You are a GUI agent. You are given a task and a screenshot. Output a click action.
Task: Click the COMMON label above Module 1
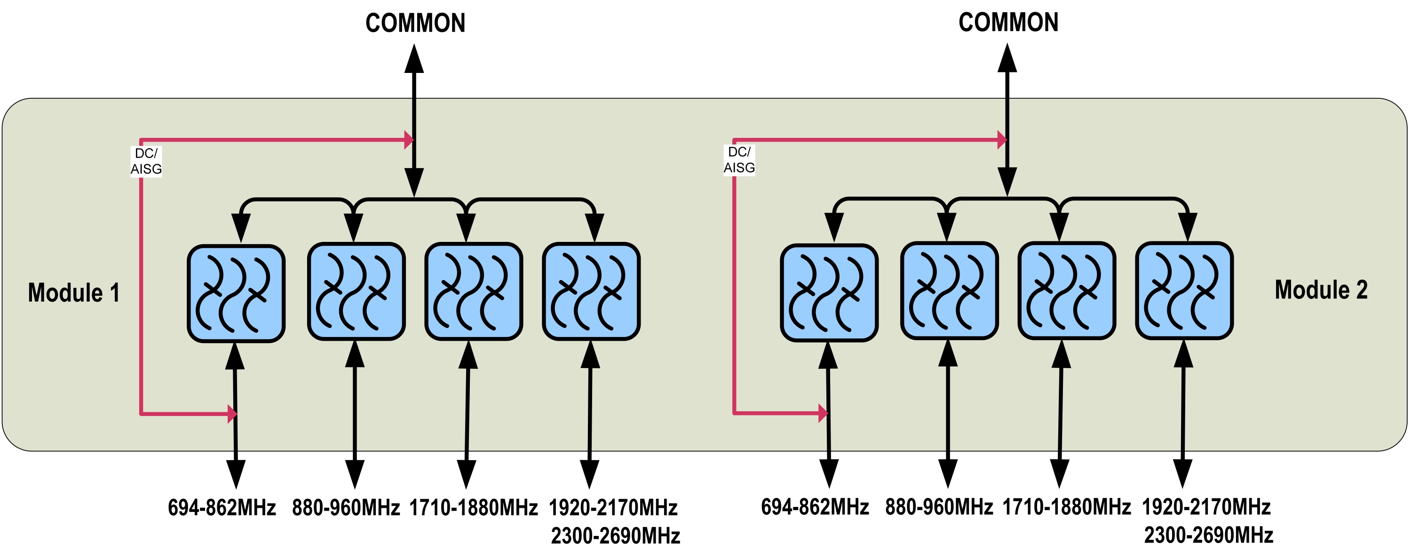coord(415,24)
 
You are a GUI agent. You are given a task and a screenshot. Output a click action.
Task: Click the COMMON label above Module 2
coord(1008,23)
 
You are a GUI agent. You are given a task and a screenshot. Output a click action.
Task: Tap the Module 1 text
coord(74,293)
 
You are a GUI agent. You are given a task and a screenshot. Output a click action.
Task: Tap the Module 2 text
coord(1321,290)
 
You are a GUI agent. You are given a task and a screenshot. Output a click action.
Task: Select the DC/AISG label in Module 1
coord(146,161)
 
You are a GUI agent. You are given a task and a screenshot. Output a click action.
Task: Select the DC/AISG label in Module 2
coord(739,160)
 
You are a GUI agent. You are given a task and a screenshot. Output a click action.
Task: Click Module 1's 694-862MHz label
coord(222,508)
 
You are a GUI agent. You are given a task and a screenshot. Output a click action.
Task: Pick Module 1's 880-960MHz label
coord(346,508)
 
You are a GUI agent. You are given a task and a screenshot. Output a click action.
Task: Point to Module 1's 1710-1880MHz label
coord(473,508)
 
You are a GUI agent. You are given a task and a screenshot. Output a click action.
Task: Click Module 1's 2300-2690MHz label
coord(615,536)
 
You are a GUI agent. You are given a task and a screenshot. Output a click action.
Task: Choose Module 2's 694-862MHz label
coord(815,507)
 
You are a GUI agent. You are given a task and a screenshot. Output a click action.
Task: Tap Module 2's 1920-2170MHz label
coord(1206,507)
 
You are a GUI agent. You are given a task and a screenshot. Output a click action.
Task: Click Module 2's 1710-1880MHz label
coord(1066,507)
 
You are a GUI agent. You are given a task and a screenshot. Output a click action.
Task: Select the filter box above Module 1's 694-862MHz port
coord(236,294)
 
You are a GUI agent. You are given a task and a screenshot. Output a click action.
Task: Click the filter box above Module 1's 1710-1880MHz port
coord(474,291)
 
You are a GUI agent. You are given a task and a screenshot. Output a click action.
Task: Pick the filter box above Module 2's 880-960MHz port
coord(949,291)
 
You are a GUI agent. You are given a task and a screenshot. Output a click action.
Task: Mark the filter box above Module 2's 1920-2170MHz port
coord(1184,291)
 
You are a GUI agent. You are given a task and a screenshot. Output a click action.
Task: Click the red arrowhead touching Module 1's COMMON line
coord(408,140)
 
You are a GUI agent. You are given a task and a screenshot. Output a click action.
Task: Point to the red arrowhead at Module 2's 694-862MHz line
coord(823,413)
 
